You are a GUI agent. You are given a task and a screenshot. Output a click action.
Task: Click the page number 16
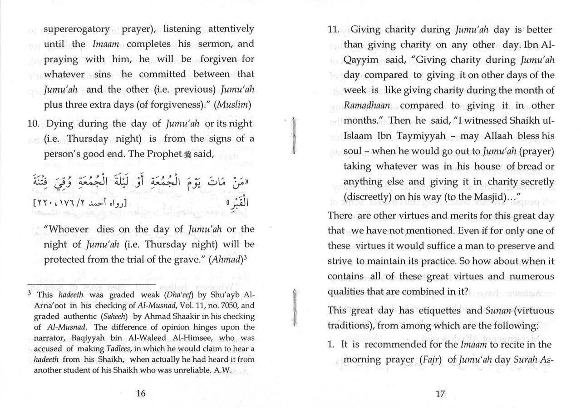click(x=141, y=393)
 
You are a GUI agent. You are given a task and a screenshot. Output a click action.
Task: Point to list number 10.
click(x=34, y=123)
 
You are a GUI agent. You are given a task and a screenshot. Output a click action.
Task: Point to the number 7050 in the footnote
click(x=226, y=305)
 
